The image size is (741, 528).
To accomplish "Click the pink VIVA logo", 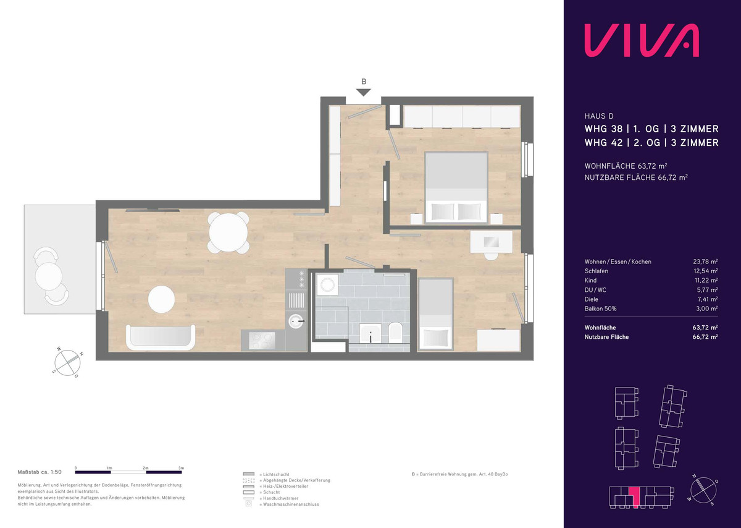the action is pyautogui.click(x=642, y=45).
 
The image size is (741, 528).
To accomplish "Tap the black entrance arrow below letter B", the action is pyautogui.click(x=364, y=92).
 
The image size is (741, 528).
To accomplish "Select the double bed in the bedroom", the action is pyautogui.click(x=456, y=187).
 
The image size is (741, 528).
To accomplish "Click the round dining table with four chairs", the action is pyautogui.click(x=228, y=232).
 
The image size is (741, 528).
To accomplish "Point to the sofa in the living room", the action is pyautogui.click(x=161, y=337).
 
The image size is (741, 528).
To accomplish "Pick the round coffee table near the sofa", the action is pyautogui.click(x=161, y=299).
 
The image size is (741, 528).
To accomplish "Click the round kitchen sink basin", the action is pyautogui.click(x=296, y=321).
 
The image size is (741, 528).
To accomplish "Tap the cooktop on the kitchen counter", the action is pyautogui.click(x=263, y=340).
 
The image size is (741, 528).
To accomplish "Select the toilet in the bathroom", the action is pyautogui.click(x=395, y=333).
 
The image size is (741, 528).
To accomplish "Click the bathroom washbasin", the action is pyautogui.click(x=371, y=334).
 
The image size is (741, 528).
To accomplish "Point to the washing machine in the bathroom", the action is pyautogui.click(x=327, y=284).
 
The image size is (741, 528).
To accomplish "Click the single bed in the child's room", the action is pyautogui.click(x=435, y=314).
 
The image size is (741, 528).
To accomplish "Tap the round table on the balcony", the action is pyautogui.click(x=49, y=276).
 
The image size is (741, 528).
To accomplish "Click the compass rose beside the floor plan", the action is pyautogui.click(x=67, y=362).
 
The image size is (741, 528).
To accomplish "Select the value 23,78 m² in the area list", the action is pyautogui.click(x=705, y=262).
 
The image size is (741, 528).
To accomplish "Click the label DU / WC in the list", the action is pyautogui.click(x=595, y=290).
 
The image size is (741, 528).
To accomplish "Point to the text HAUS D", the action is pyautogui.click(x=599, y=116).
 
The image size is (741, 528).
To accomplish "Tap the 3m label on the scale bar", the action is pyautogui.click(x=181, y=468).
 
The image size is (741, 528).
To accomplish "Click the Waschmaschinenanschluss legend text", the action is pyautogui.click(x=291, y=504).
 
